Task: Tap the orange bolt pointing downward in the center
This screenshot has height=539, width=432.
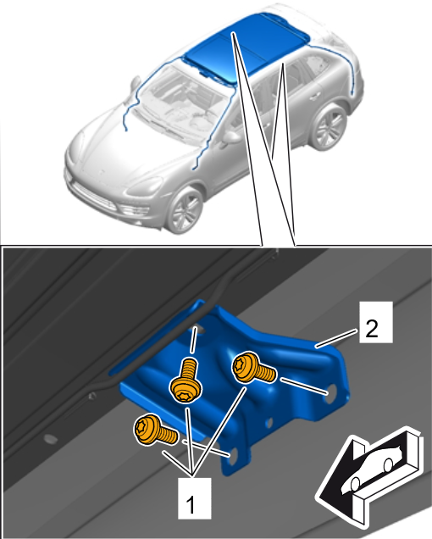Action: [186, 380]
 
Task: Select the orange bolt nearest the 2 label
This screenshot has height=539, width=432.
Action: [253, 369]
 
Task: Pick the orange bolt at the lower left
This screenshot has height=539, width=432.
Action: [156, 431]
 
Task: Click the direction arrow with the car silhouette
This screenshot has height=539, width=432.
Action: [369, 476]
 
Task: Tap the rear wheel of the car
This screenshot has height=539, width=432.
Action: [328, 126]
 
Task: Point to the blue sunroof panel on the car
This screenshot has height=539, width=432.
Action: [245, 47]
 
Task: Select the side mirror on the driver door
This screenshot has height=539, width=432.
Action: [232, 137]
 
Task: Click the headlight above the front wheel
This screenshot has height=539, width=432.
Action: [145, 186]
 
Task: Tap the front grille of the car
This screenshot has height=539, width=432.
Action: [93, 196]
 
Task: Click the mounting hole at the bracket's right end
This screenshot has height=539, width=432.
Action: [332, 392]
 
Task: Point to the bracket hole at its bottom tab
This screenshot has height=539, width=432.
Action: [233, 455]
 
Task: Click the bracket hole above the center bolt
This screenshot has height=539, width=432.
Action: [201, 331]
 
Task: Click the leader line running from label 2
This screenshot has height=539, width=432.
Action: [337, 339]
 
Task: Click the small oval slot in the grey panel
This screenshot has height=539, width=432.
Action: [51, 438]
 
